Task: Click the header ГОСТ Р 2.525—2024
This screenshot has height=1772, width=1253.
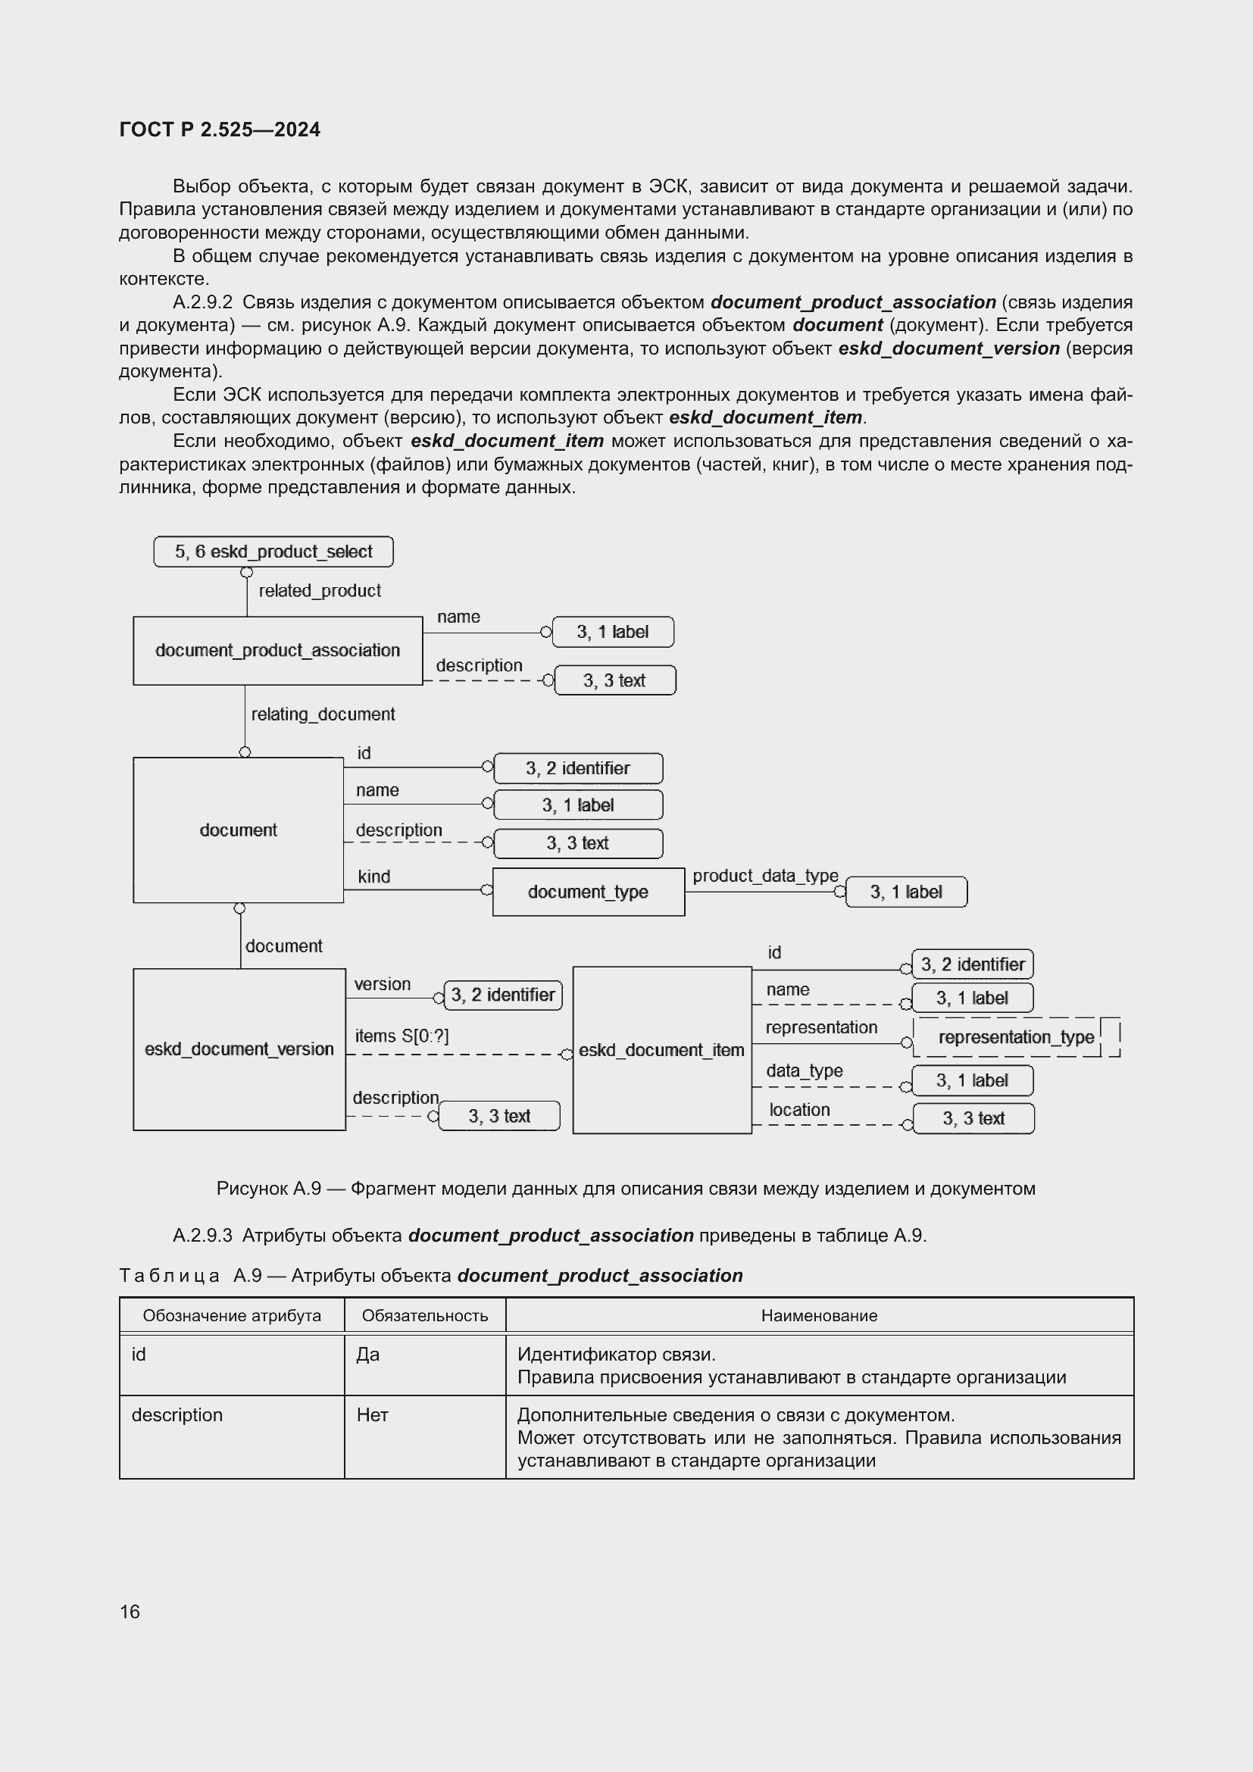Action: tap(220, 130)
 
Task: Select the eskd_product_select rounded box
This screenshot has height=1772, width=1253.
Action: tap(273, 552)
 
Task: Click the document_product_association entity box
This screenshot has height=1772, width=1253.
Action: tap(277, 651)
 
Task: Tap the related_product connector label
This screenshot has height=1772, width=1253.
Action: tap(320, 590)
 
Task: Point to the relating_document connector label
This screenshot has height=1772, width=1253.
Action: tap(323, 714)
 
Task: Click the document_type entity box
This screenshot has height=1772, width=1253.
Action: tap(588, 892)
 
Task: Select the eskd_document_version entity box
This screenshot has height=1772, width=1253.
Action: tap(239, 1049)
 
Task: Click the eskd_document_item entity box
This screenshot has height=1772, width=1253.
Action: tap(661, 1049)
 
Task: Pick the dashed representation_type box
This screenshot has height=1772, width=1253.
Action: tap(1015, 1037)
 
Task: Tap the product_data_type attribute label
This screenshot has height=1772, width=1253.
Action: tap(764, 876)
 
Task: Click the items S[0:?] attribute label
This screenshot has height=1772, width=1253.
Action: tap(402, 1036)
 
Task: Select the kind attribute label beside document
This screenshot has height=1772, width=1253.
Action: tap(374, 877)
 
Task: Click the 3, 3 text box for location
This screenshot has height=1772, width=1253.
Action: tap(973, 1118)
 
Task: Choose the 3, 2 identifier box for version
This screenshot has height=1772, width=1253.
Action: tap(503, 995)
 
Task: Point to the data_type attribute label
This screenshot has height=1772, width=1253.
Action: tap(804, 1070)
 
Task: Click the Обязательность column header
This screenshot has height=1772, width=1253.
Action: tap(424, 1316)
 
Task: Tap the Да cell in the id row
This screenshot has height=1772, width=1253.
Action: tap(368, 1355)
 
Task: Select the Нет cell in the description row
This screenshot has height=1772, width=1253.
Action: tap(372, 1414)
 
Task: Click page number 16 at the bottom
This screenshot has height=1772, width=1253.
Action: tap(130, 1611)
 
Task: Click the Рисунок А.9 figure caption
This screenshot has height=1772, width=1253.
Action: tap(626, 1189)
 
